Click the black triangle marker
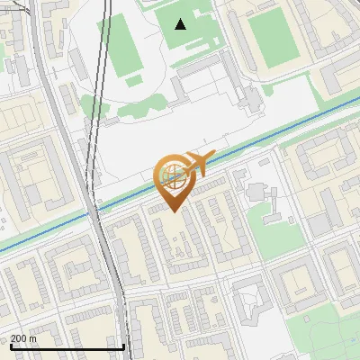tap(181, 24)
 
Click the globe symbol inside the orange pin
tap(171, 172)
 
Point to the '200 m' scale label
tap(23, 337)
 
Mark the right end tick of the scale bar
tap(123, 345)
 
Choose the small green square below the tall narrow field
tap(133, 81)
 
